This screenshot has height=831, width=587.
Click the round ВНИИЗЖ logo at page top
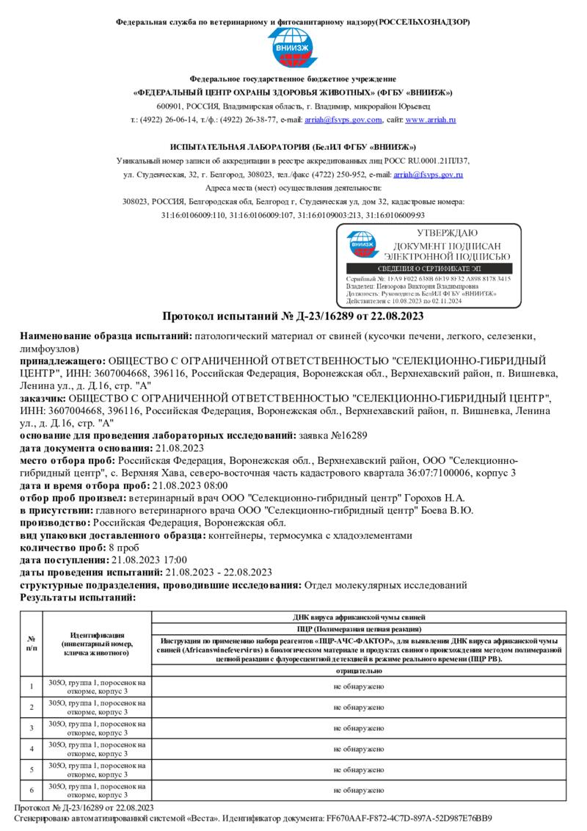coord(293,49)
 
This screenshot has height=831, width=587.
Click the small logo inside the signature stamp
coord(360,244)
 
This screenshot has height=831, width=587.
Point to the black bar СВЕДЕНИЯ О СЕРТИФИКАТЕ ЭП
coord(429,269)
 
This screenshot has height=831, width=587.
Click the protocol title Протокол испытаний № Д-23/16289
coord(293,316)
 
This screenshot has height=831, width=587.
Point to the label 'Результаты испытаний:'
coord(78,597)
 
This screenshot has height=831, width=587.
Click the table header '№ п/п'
coord(31,643)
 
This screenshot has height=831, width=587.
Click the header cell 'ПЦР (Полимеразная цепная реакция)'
coord(359,629)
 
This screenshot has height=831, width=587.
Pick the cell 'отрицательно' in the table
coord(359,671)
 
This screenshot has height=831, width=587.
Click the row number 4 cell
coord(31,749)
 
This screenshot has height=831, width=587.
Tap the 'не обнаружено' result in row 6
coord(359,791)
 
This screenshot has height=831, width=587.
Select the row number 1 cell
coord(31,686)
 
